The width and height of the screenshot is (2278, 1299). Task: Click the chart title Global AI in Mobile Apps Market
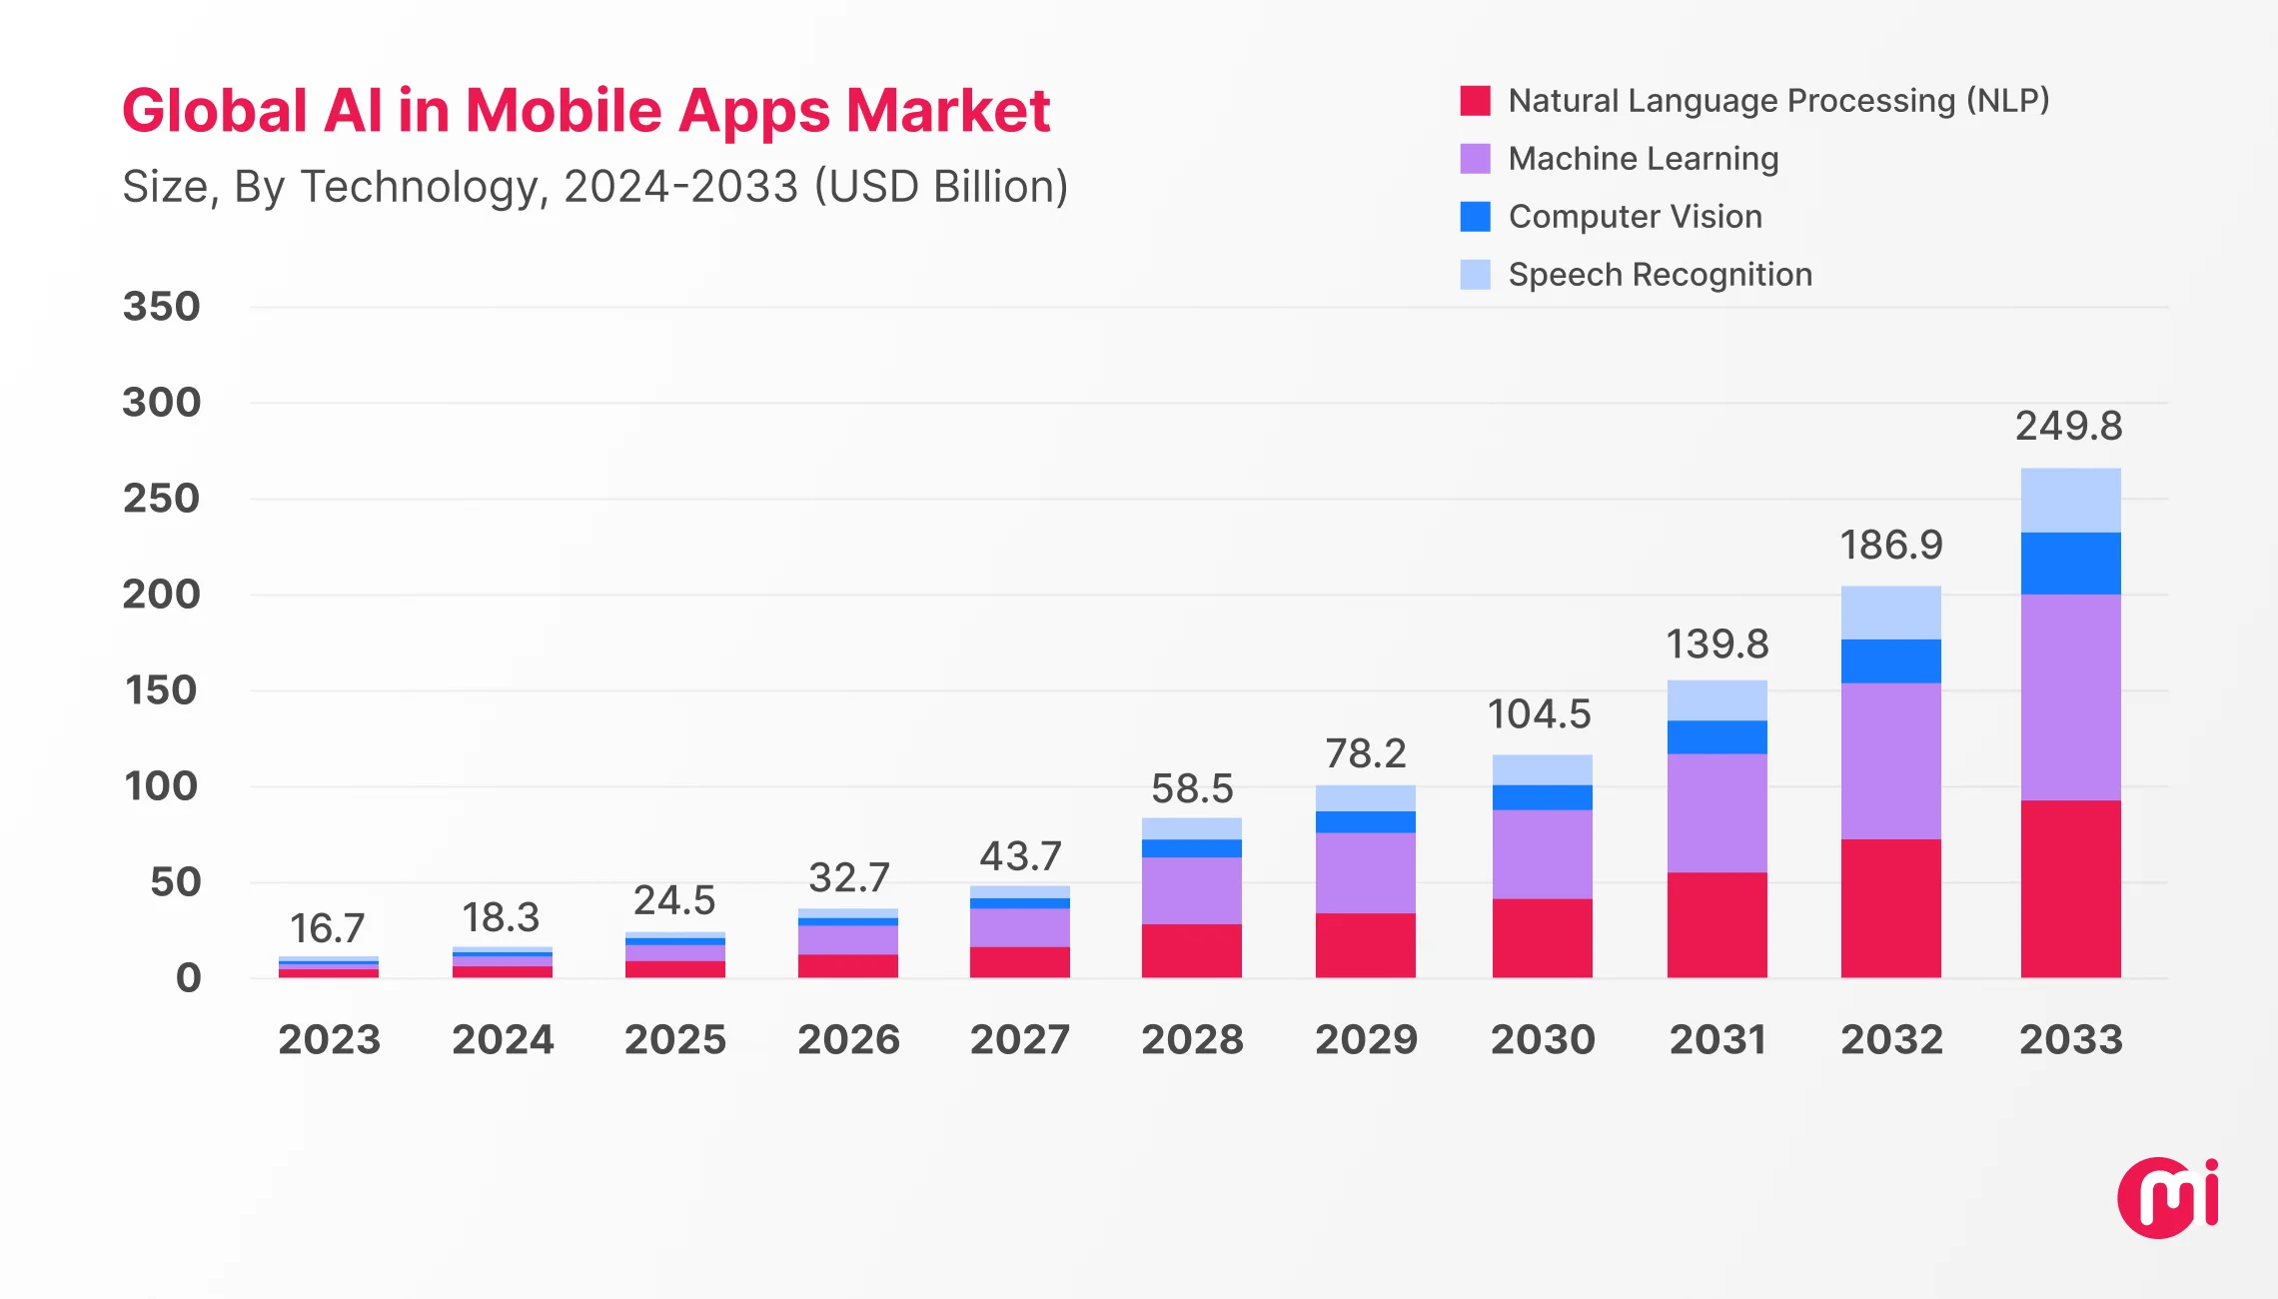click(x=585, y=110)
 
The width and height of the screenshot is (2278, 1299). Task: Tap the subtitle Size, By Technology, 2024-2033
click(x=594, y=187)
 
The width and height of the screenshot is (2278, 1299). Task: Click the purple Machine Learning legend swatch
click(x=1475, y=159)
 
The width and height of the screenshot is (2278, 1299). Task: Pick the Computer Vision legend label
click(x=1635, y=217)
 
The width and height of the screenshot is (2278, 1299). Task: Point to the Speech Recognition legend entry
click(x=1659, y=275)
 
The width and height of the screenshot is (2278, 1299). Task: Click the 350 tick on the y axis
click(x=162, y=307)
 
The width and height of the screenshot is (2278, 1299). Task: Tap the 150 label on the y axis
click(x=162, y=690)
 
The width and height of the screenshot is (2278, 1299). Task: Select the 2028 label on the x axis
click(x=1192, y=1040)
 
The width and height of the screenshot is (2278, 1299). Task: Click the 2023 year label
click(x=329, y=1040)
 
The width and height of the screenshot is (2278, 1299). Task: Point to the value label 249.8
click(x=2068, y=427)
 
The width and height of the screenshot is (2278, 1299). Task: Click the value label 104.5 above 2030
click(x=1539, y=714)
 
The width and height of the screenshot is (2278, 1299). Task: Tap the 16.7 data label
click(x=327, y=928)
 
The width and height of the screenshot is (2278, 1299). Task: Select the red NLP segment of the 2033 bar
click(x=2070, y=888)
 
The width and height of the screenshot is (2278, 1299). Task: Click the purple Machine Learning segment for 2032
click(x=1890, y=760)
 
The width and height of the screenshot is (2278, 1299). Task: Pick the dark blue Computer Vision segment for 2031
click(x=1716, y=737)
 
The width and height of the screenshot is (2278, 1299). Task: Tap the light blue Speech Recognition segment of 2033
click(x=2070, y=501)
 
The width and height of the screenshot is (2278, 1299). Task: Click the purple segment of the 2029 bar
click(x=1365, y=872)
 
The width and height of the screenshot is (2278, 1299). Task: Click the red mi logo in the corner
click(x=2166, y=1198)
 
